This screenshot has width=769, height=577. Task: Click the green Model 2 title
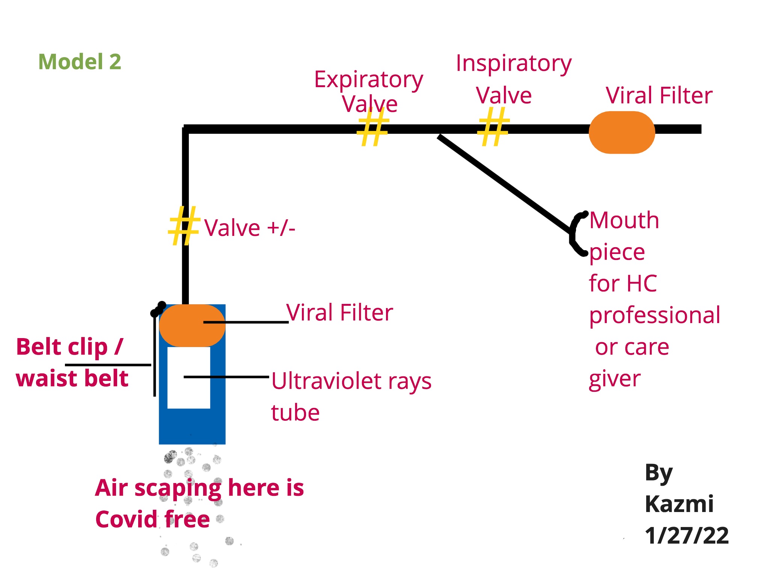coord(80,62)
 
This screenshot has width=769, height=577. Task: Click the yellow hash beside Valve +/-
coord(184,225)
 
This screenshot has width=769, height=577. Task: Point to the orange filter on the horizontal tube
coord(622,132)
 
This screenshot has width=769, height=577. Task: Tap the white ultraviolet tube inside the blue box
coord(188,391)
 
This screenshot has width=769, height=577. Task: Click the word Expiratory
coord(368,80)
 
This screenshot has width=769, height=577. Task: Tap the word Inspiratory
coord(513,63)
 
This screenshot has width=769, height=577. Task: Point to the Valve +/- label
coord(249,228)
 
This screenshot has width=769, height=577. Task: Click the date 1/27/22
coord(686,535)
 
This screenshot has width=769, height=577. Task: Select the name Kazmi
coord(679,504)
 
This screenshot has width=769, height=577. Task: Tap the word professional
coord(654,316)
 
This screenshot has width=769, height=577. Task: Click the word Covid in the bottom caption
coord(126,520)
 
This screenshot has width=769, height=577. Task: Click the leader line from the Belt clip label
coord(108,365)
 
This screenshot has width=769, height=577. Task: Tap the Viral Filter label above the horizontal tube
coord(659,95)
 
